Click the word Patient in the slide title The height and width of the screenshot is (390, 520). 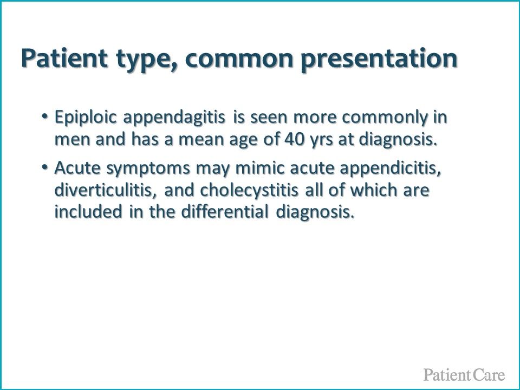(x=64, y=58)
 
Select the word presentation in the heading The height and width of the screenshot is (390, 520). (x=380, y=60)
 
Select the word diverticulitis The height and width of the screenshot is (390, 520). (x=105, y=190)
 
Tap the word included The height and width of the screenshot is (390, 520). (x=88, y=212)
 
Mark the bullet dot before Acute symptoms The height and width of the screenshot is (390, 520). (x=44, y=167)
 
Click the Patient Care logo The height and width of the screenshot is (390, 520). (x=464, y=375)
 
